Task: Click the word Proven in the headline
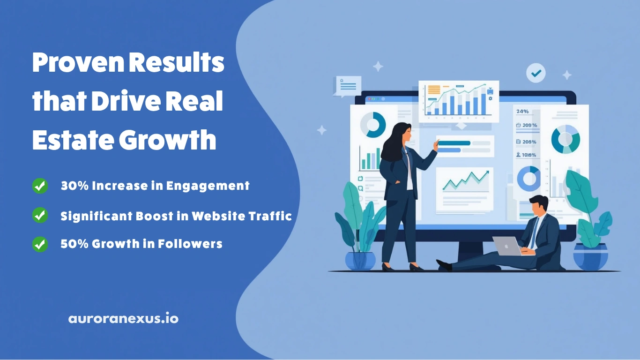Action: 78,62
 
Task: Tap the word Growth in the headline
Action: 167,140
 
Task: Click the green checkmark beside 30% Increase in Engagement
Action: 40,186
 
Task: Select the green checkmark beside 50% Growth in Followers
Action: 40,244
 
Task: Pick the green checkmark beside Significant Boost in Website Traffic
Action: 40,215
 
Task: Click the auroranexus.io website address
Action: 123,318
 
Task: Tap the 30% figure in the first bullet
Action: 74,186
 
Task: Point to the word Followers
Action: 190,244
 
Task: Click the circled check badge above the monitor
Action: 536,73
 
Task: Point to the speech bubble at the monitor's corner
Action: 348,86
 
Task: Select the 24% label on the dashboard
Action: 522,111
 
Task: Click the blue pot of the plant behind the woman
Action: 360,261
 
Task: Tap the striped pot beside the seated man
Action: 591,256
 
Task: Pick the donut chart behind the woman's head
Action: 373,125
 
